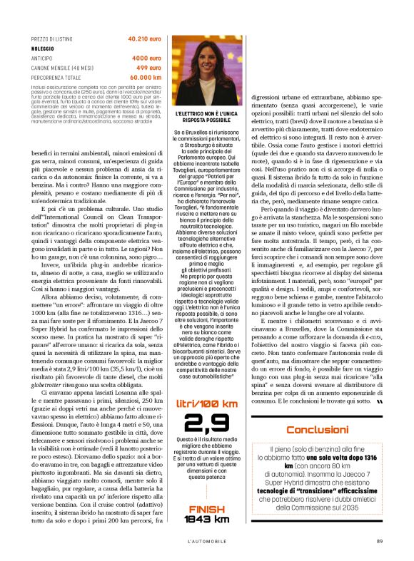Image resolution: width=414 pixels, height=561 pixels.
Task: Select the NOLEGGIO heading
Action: pyautogui.click(x=44, y=48)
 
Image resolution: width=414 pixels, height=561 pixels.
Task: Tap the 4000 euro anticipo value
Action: pyautogui.click(x=146, y=58)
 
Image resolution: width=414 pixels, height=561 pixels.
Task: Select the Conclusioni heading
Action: pyautogui.click(x=317, y=430)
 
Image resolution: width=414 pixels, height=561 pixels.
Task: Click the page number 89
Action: pyautogui.click(x=380, y=540)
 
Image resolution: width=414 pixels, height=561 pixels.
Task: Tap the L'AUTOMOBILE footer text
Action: pyautogui.click(x=207, y=540)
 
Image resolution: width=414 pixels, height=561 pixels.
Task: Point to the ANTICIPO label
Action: pyautogui.click(x=44, y=58)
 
